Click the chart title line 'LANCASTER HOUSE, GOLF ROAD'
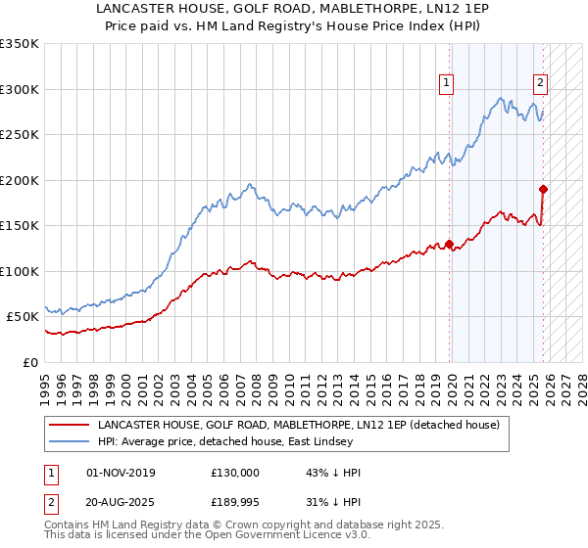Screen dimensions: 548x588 click(293, 9)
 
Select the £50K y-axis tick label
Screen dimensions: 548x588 click(24, 317)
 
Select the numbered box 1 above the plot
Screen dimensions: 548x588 click(446, 84)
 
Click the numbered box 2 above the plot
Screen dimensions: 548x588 click(540, 84)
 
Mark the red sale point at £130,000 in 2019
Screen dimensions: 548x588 click(449, 244)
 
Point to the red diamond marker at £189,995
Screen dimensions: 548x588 click(543, 189)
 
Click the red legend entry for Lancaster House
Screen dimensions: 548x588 click(299, 426)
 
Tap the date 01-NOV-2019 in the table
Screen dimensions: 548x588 click(121, 473)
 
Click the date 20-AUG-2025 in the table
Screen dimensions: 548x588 click(121, 504)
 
